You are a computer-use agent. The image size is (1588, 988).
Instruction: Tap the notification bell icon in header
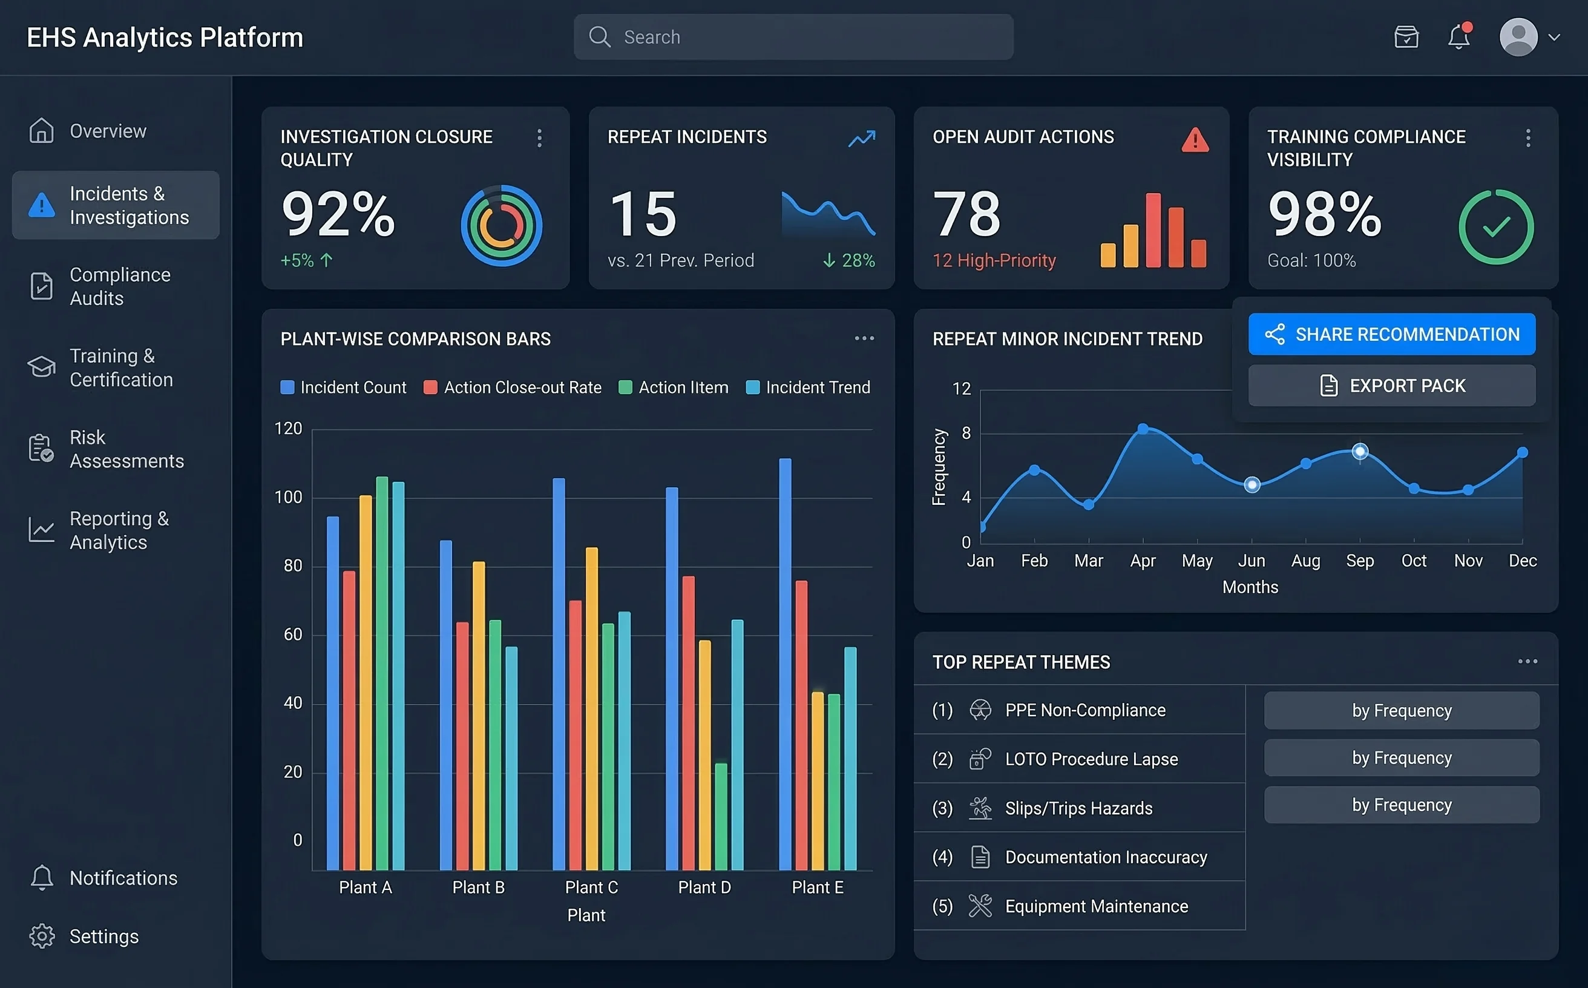tap(1458, 38)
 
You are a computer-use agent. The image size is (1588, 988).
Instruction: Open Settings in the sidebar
tap(103, 936)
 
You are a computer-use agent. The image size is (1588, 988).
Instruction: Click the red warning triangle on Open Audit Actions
tap(1194, 140)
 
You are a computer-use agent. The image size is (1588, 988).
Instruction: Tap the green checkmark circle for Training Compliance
tap(1495, 227)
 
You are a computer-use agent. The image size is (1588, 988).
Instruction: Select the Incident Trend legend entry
tap(807, 387)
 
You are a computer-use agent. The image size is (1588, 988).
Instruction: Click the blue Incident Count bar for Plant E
tap(784, 664)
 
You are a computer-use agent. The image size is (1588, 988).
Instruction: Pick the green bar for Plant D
tap(721, 816)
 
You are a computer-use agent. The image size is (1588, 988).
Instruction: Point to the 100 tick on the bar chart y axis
tap(288, 497)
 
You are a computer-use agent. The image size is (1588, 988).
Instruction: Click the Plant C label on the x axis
tap(591, 887)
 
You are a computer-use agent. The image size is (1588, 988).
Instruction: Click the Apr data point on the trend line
tap(1143, 429)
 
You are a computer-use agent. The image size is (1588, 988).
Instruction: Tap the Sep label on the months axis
tap(1359, 561)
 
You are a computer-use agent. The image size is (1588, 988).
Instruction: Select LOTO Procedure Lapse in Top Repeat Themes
tap(1091, 759)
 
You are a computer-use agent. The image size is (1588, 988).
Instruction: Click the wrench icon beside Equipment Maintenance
tap(980, 906)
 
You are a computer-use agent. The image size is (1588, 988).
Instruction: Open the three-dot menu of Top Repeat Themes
tap(1527, 661)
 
